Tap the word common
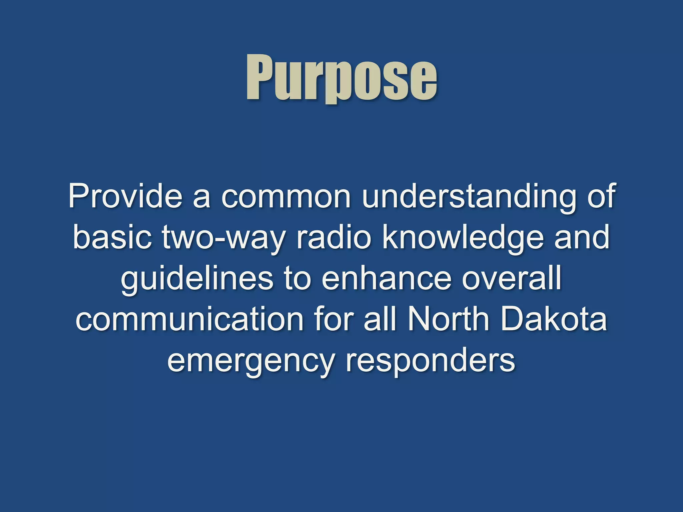tap(286, 197)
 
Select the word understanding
tap(469, 197)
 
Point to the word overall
tap(512, 278)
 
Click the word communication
tap(189, 319)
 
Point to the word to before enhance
tap(297, 279)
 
